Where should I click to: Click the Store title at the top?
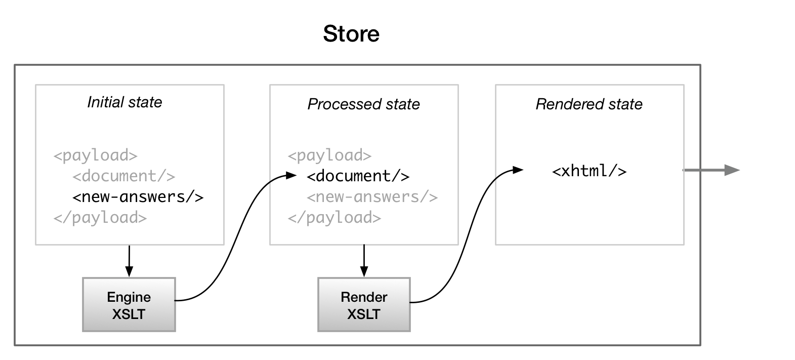[x=351, y=34]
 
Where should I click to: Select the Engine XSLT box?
[x=129, y=305]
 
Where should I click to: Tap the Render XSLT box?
[x=364, y=305]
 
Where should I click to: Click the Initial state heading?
[x=124, y=102]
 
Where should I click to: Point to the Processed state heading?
[x=363, y=104]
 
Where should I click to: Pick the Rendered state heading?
[x=589, y=104]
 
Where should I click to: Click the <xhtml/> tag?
[x=590, y=171]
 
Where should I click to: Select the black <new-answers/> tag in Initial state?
[x=138, y=196]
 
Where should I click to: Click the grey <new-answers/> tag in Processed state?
[x=372, y=196]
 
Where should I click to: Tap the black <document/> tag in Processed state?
[x=358, y=176]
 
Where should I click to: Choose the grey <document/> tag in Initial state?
[x=124, y=176]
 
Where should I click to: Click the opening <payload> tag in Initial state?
[x=96, y=155]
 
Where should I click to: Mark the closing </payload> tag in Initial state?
[x=100, y=218]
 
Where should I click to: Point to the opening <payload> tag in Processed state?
[x=330, y=155]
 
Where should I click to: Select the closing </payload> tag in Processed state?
[x=334, y=218]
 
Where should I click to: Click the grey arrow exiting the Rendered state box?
[x=711, y=170]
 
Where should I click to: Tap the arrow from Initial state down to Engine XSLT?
[x=129, y=261]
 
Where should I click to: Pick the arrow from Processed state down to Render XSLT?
[x=364, y=261]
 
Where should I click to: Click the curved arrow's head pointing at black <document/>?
[x=291, y=175]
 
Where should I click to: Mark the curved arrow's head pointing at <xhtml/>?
[x=519, y=170]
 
